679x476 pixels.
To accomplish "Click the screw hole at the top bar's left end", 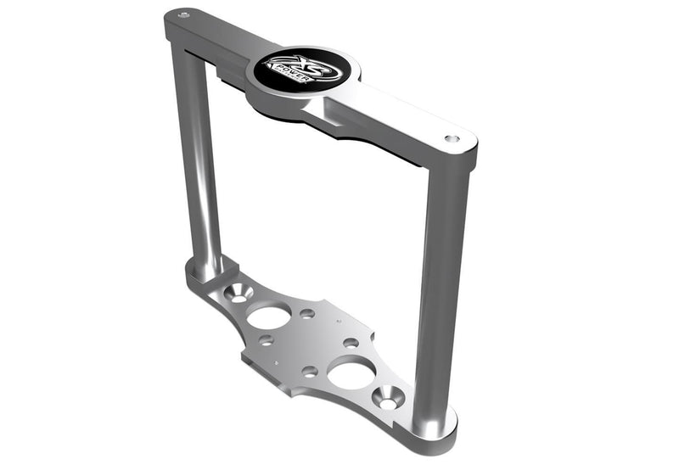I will (184, 15).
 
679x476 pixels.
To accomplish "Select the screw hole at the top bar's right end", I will (452, 138).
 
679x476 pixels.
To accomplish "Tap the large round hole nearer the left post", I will (269, 316).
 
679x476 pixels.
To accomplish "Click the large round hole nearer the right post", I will (352, 372).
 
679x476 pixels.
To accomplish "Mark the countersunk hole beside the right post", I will (390, 395).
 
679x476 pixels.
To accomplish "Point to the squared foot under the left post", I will (204, 273).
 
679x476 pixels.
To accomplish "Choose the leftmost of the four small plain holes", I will (267, 340).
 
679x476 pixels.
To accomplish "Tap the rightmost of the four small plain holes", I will (351, 343).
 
